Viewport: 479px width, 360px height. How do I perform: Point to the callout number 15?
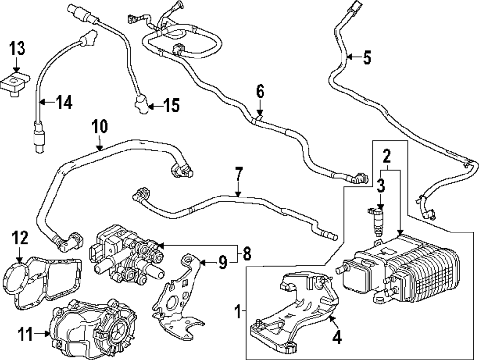[171, 105]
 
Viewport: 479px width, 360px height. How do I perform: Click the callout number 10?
[100, 127]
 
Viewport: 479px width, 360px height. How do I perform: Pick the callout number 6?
[260, 91]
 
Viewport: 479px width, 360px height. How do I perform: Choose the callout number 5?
[366, 58]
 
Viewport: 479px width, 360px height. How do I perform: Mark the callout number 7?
[238, 174]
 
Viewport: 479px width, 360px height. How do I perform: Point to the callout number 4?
[337, 337]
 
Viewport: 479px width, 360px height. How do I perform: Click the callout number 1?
[237, 313]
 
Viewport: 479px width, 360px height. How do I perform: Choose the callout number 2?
[387, 155]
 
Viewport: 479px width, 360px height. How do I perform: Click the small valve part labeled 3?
[378, 219]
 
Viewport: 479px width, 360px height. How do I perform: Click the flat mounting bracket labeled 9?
[177, 292]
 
